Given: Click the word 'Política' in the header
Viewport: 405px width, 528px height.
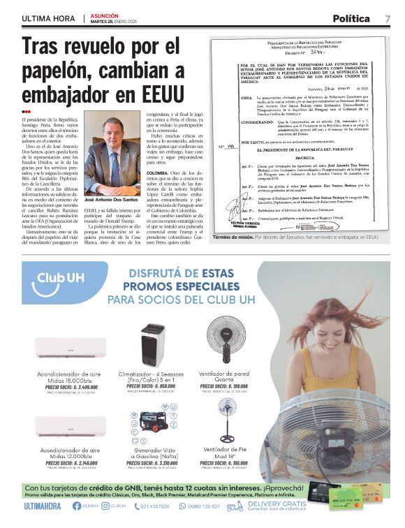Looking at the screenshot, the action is point(355,17).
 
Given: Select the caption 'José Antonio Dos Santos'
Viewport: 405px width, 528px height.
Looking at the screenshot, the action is point(111,199).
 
